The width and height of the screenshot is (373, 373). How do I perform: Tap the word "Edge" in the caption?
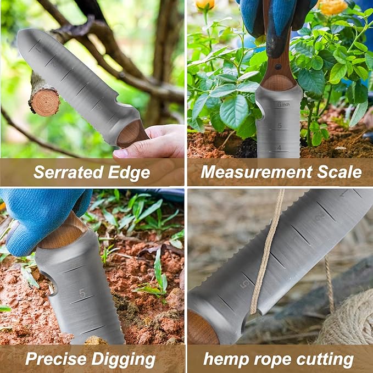tap(127, 172)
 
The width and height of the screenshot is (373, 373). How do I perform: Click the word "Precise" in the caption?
tap(57, 359)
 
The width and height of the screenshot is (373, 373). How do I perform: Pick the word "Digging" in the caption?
tap(124, 360)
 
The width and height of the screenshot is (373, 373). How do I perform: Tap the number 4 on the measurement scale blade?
tap(279, 147)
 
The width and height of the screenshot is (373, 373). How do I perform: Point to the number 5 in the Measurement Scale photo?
tap(279, 126)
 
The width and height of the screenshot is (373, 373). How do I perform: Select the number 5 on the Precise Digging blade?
tap(82, 293)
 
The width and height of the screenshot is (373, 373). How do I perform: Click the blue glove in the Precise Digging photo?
tap(38, 214)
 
